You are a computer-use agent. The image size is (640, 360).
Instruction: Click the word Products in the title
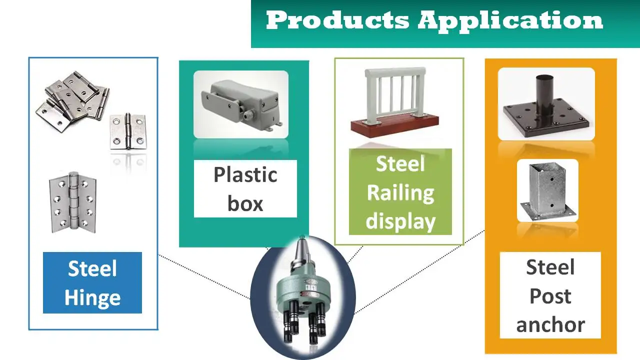click(x=337, y=21)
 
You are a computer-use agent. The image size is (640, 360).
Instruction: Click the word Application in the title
click(x=510, y=21)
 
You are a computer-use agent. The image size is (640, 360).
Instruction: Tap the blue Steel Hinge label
click(x=92, y=283)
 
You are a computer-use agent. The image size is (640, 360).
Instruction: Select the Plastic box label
click(x=245, y=189)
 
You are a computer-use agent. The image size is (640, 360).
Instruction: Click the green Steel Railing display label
click(x=400, y=192)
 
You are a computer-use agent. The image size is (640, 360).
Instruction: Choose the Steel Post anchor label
click(x=550, y=296)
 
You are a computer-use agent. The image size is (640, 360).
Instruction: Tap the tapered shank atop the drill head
click(x=301, y=255)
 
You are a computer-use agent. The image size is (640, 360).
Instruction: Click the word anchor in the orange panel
click(x=550, y=325)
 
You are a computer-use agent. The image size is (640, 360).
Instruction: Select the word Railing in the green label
click(x=400, y=193)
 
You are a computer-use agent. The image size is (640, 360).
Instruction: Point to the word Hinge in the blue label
click(x=92, y=298)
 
